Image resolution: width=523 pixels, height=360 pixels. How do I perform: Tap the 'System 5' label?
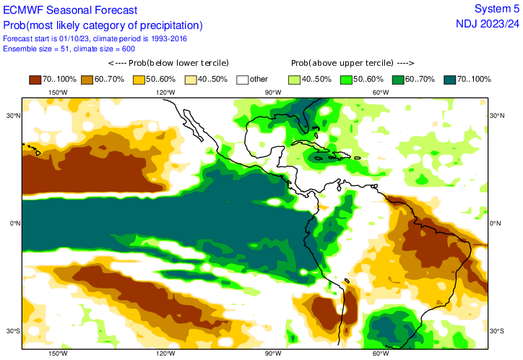(496, 9)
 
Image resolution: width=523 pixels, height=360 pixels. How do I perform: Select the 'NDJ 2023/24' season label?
(487, 24)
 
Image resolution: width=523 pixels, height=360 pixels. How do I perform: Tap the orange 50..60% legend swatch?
(139, 79)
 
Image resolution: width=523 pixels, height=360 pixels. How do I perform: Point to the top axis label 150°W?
(58, 93)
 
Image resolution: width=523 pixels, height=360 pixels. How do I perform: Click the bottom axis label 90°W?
(272, 353)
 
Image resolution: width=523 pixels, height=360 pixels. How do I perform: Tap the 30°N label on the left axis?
(13, 116)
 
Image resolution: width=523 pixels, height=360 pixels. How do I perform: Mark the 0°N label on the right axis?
(496, 223)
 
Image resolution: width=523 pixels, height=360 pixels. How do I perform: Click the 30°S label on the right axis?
(497, 331)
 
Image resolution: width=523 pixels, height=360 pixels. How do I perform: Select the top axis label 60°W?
(380, 93)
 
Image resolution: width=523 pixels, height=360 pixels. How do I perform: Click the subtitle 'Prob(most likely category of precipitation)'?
(103, 25)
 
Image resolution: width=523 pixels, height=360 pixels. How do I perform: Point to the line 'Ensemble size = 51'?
(36, 48)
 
